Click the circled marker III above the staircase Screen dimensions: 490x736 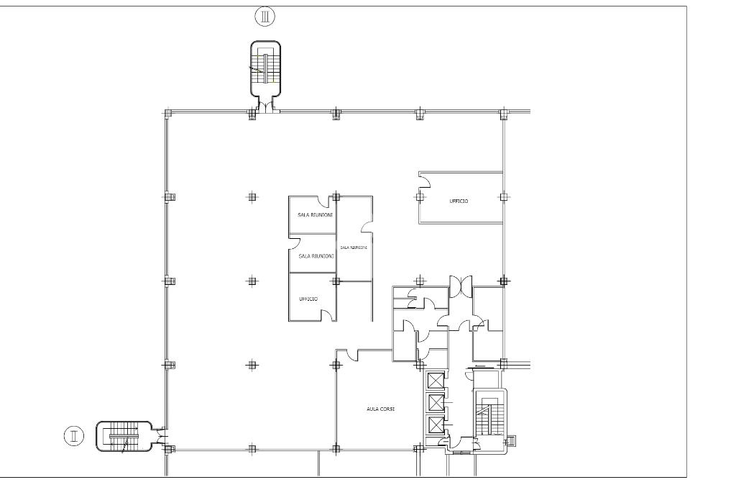tap(265, 15)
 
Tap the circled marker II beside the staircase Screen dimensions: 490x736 tap(74, 436)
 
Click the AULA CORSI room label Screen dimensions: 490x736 tap(381, 409)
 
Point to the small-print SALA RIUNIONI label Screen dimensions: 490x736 tap(354, 248)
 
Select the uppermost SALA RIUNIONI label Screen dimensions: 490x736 tap(314, 215)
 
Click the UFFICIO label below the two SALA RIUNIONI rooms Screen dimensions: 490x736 tap(308, 299)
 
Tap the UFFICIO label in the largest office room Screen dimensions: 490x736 tap(459, 201)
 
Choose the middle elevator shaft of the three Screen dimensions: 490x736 tap(436, 402)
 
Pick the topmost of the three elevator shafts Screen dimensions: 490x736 tap(436, 380)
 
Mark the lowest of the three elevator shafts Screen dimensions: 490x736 tap(436, 425)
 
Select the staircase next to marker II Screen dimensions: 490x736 tap(123, 436)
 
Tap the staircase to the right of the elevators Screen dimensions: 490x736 tap(490, 416)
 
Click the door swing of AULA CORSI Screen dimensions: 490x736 tap(351, 354)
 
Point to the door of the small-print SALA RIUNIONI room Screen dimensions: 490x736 tap(367, 227)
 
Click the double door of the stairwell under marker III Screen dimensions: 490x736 tap(266, 107)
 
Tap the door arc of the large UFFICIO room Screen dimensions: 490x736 tap(424, 179)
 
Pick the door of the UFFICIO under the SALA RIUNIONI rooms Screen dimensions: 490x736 tap(327, 313)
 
